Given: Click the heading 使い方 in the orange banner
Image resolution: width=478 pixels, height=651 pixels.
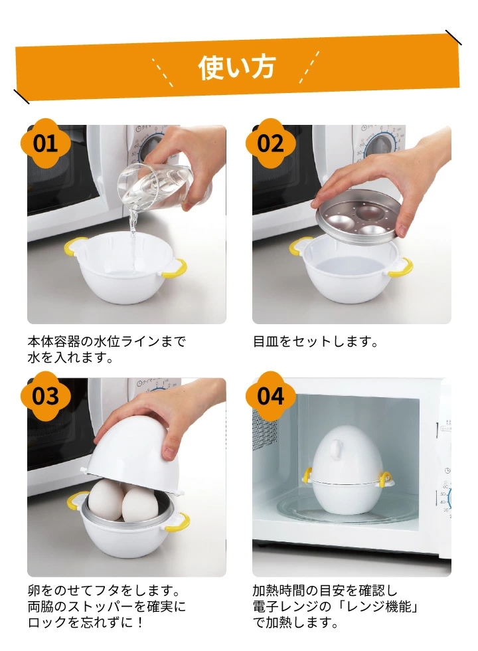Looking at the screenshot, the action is click(x=237, y=67).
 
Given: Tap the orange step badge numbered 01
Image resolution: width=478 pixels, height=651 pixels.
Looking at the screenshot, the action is click(x=46, y=143).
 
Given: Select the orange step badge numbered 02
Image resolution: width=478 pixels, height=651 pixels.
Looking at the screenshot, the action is click(x=271, y=143).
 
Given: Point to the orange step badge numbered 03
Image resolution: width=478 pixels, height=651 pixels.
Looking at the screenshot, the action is click(x=46, y=396).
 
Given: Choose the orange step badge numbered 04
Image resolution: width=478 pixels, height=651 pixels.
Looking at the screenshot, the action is click(x=271, y=396).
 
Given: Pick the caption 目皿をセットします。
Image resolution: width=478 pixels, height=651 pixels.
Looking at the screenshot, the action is click(x=316, y=342).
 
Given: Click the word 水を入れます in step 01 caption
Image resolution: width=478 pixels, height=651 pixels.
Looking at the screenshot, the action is click(x=66, y=357).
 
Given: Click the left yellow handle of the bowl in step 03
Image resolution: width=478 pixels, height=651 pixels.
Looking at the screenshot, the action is click(x=76, y=502).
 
